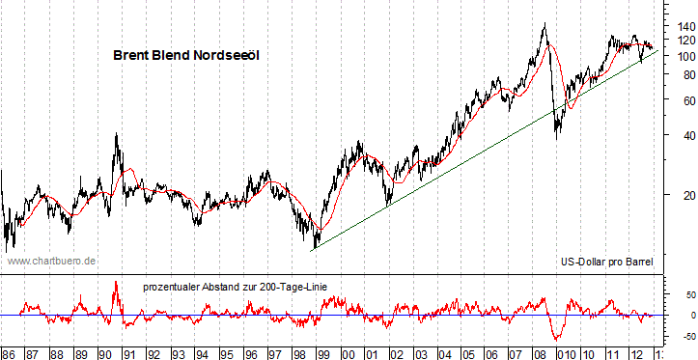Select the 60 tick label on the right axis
click(679, 101)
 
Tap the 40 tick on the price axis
click(679, 136)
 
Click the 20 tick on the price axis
click(679, 196)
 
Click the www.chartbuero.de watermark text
click(52, 261)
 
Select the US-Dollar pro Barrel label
click(606, 262)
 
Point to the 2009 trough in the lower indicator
click(557, 339)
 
